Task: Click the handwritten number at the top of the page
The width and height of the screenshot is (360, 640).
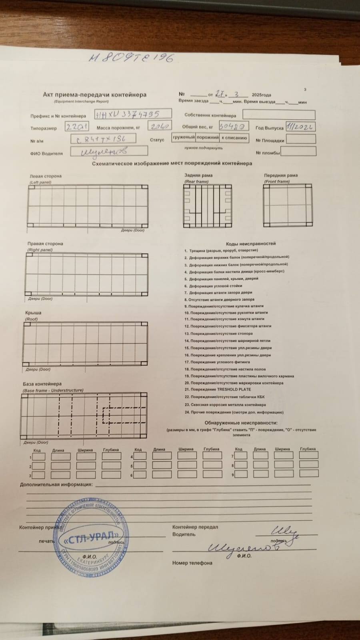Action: [131, 58]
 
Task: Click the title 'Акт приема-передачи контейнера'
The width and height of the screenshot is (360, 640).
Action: [94, 95]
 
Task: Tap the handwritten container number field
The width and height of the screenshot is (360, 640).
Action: [133, 114]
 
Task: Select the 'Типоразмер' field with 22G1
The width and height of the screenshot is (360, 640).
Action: [77, 127]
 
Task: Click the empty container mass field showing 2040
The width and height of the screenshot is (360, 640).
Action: [160, 126]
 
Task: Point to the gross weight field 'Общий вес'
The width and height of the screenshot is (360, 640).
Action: [234, 126]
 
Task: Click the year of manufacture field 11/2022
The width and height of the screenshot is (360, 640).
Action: [300, 127]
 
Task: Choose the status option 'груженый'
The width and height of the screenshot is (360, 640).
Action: [183, 138]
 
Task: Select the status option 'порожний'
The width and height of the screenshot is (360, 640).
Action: [207, 138]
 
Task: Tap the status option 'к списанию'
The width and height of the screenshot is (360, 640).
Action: [234, 138]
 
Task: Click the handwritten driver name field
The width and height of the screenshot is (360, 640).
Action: [109, 151]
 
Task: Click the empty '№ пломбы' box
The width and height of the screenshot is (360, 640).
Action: [298, 151]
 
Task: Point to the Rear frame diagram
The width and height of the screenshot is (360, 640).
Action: [207, 206]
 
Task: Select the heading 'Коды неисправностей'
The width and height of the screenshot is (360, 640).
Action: [250, 243]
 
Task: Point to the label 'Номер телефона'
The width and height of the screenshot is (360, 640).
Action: [192, 563]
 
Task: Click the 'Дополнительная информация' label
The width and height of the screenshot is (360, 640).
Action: [56, 484]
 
